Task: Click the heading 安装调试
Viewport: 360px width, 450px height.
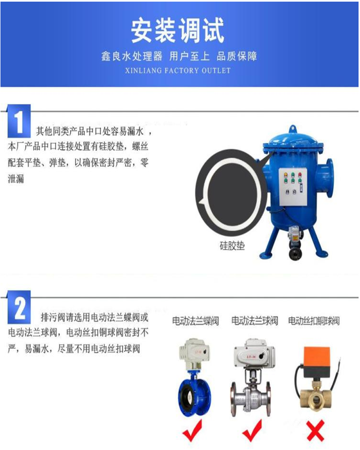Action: pyautogui.click(x=177, y=31)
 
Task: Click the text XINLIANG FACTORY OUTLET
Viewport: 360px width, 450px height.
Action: pyautogui.click(x=178, y=71)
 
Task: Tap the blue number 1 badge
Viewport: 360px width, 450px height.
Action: pyautogui.click(x=19, y=121)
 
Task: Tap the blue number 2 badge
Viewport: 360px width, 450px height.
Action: pyautogui.click(x=19, y=307)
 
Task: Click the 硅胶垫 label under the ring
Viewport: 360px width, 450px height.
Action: pyautogui.click(x=232, y=246)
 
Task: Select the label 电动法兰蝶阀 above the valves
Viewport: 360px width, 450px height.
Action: pyautogui.click(x=195, y=320)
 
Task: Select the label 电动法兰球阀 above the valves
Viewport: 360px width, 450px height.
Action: pyautogui.click(x=255, y=320)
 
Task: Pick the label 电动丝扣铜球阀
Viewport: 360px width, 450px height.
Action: pyautogui.click(x=314, y=320)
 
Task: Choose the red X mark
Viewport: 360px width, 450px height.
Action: pyautogui.click(x=315, y=431)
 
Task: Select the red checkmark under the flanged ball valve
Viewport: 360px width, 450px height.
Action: pyautogui.click(x=252, y=430)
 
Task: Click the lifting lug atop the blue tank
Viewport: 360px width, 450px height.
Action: pyautogui.click(x=292, y=128)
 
